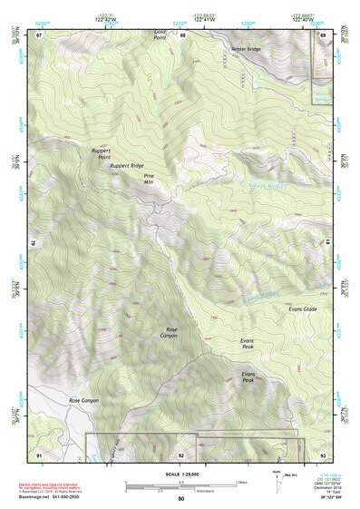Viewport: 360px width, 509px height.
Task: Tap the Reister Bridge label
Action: (246, 50)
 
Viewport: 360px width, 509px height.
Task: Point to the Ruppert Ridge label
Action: (126, 166)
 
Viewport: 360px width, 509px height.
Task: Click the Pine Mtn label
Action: (149, 178)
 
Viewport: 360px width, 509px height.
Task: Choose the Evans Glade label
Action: (302, 310)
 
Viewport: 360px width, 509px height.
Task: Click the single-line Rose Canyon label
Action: (83, 400)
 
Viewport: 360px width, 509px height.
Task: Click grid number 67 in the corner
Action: (39, 35)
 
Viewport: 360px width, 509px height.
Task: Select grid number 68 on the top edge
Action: (182, 35)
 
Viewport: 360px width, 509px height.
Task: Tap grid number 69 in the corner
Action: (324, 35)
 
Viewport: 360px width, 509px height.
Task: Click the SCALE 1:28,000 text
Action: (181, 474)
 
